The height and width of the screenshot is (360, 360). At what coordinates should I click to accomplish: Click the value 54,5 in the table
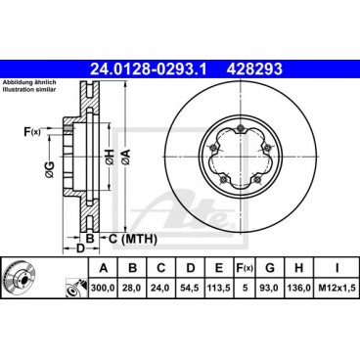(x=193, y=288)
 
